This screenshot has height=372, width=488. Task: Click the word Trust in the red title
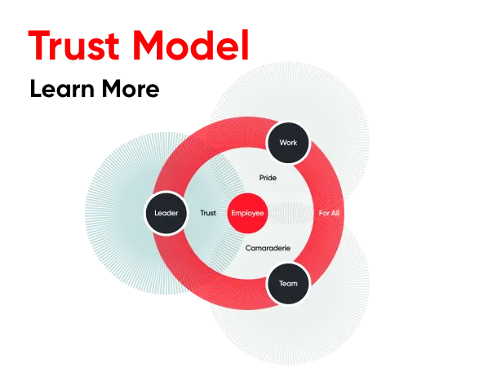tap(73, 45)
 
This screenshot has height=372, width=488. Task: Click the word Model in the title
tap(191, 45)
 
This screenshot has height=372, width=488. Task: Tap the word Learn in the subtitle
tap(62, 89)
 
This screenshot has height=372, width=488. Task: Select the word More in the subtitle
tap(131, 89)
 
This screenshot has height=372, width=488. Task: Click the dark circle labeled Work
tap(288, 143)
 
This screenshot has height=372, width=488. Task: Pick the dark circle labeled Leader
tap(166, 213)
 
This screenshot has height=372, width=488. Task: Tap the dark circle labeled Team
tap(288, 283)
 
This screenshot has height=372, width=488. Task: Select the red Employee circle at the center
tap(248, 213)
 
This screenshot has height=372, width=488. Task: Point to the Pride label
tap(268, 178)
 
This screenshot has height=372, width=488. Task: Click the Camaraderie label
tap(268, 248)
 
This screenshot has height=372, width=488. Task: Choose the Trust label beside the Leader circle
tap(208, 213)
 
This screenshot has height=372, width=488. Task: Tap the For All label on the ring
tap(329, 213)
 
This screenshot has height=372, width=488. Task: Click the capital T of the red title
tap(39, 45)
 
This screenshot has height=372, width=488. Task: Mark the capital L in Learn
tap(36, 89)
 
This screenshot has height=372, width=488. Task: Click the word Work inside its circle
tap(288, 143)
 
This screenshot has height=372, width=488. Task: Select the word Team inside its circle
tap(288, 283)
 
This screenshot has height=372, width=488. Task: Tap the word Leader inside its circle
tap(166, 213)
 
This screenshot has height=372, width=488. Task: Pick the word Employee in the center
tap(248, 214)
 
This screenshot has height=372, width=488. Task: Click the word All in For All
tap(335, 213)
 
